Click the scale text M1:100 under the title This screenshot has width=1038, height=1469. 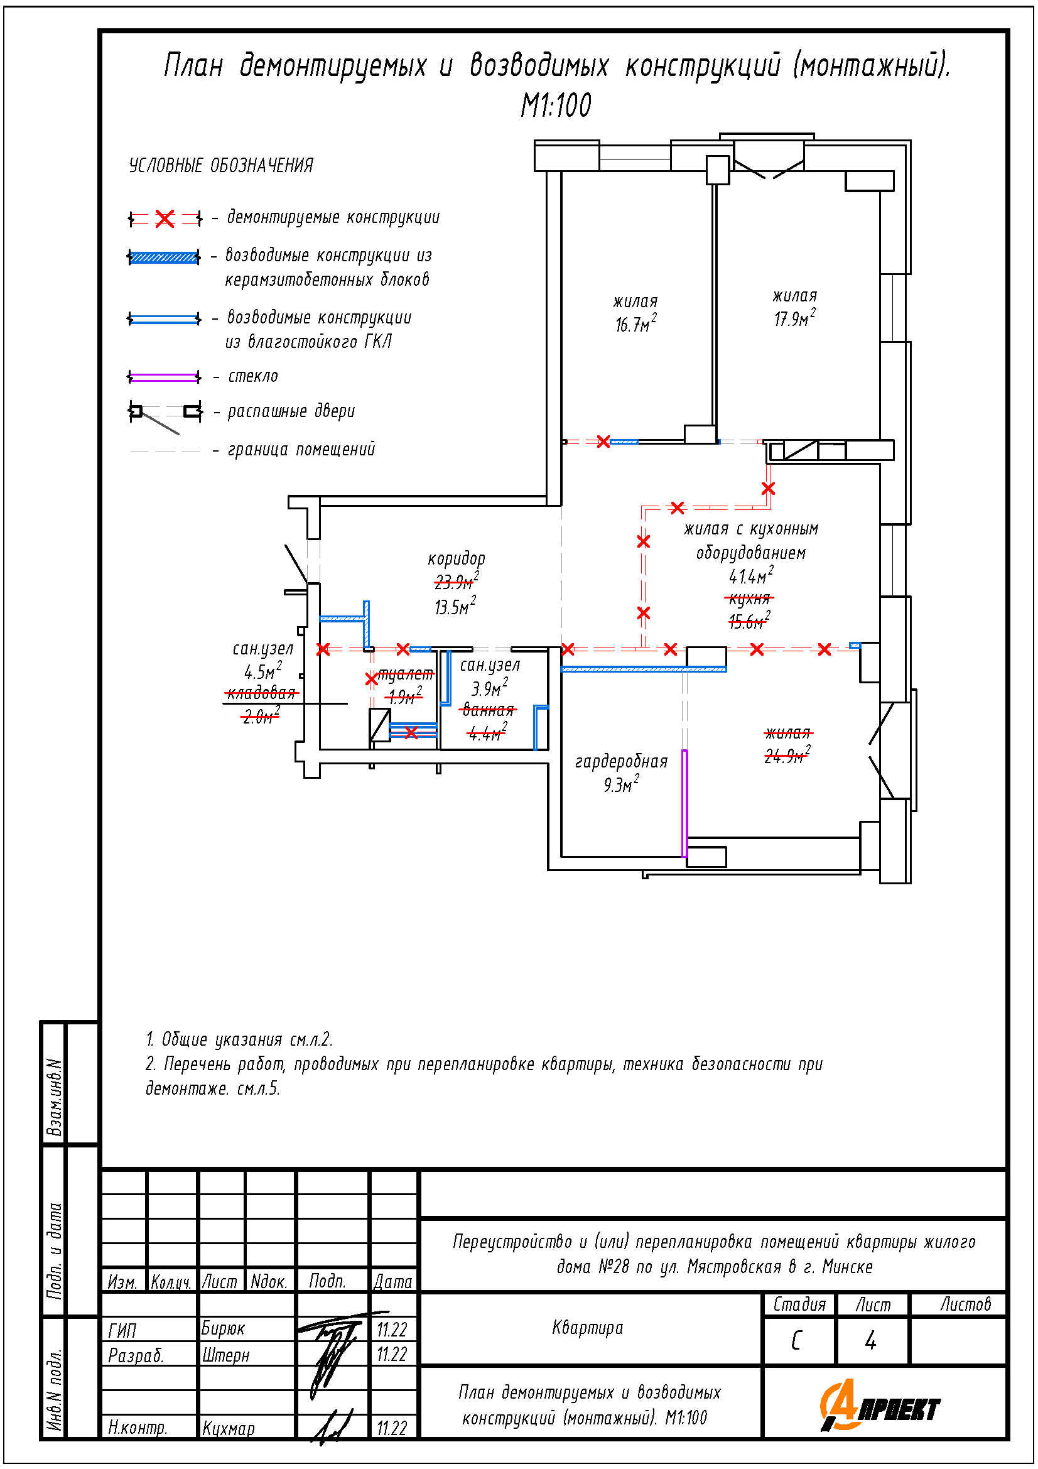(x=556, y=106)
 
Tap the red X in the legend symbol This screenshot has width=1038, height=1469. (x=165, y=219)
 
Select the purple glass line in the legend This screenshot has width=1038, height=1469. (x=165, y=377)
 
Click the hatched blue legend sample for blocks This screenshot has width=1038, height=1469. (x=164, y=257)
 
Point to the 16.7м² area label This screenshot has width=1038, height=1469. (x=635, y=324)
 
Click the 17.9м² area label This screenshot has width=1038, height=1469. (x=794, y=318)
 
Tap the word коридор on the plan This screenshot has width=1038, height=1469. (x=456, y=558)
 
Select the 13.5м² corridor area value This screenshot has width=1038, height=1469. (x=455, y=606)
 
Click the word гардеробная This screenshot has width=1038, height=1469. (x=621, y=761)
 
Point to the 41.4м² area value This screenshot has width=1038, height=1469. (x=751, y=576)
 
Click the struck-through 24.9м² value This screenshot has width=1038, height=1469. (x=787, y=756)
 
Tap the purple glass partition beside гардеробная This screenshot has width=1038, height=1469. (x=684, y=803)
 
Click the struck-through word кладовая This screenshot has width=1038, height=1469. (x=262, y=693)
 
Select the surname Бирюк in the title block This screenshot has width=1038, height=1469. (x=223, y=1328)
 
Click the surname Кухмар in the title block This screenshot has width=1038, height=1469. (x=229, y=1428)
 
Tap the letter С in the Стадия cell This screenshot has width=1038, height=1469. (x=796, y=1340)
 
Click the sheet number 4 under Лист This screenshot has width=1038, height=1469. (x=870, y=1340)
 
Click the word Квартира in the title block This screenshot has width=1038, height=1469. (x=587, y=1328)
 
